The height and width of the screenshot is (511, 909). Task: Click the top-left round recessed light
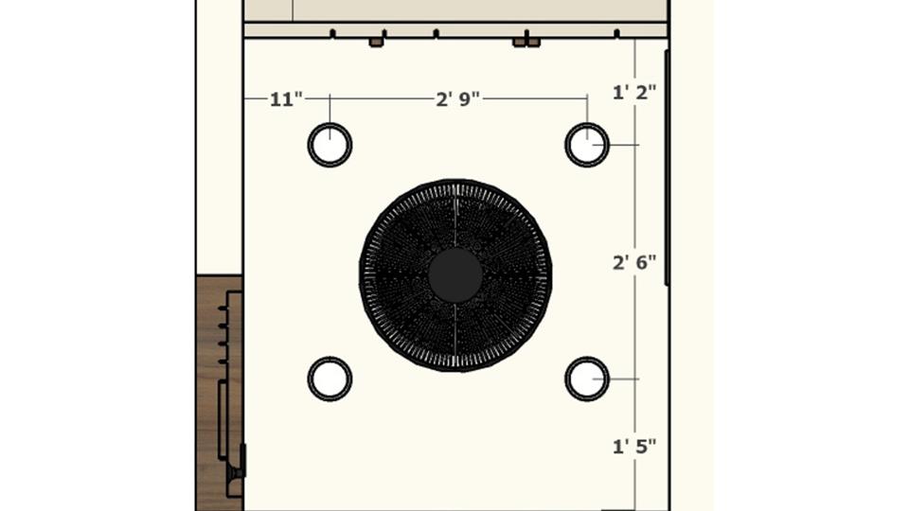pos(330,145)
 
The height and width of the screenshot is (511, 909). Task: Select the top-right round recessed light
pos(587,145)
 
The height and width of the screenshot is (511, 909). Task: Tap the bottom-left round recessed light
pos(330,379)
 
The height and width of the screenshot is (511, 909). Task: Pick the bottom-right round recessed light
pos(587,379)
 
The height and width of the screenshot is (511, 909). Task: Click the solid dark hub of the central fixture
pos(455,275)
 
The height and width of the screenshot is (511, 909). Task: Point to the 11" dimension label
pos(286,98)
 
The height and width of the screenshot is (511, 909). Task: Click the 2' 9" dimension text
pos(458,98)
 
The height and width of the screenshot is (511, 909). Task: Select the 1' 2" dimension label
pos(634,93)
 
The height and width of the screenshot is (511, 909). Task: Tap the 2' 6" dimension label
pos(634,262)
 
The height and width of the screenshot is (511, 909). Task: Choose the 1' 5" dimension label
pos(634,446)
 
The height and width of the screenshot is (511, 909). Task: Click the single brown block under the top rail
pos(376,43)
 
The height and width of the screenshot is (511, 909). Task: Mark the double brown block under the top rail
pos(526,43)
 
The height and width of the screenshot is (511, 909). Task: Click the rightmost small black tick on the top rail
pos(617,34)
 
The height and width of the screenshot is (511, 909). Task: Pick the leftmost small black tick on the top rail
pos(332,34)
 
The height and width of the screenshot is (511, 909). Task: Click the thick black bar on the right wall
pos(667,167)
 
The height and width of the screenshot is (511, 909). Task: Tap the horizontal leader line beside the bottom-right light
pos(620,379)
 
